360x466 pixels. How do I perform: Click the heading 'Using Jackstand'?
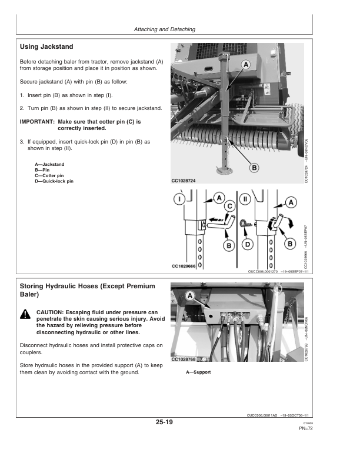46,46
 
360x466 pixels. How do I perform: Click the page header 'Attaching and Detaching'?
164,29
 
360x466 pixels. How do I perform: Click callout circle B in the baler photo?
255,168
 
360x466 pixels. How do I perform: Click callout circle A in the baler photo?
245,64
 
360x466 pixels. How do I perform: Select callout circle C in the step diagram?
231,206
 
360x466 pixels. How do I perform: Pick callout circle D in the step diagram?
248,244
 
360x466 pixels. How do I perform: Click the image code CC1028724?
184,181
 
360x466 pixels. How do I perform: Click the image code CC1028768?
184,359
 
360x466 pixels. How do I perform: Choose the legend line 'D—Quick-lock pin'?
54,181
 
